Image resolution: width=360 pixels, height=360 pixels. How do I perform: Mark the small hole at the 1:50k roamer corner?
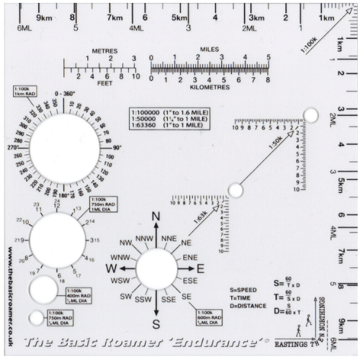pyautogui.click(x=310, y=115)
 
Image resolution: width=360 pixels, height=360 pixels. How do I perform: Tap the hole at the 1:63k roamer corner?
pyautogui.click(x=235, y=190)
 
